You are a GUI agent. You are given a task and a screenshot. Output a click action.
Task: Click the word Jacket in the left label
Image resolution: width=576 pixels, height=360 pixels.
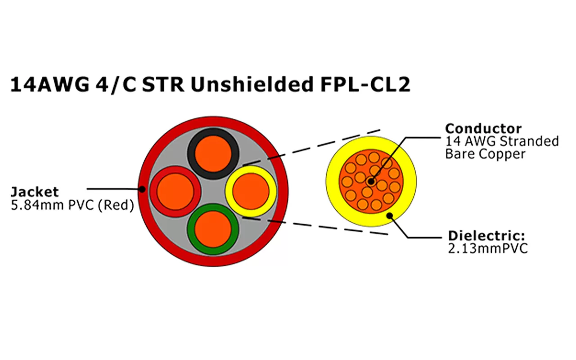(34, 192)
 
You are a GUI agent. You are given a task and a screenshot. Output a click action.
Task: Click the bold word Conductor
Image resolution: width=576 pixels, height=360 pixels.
(483, 128)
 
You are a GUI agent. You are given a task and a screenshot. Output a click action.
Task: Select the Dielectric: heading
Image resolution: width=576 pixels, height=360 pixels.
(487, 236)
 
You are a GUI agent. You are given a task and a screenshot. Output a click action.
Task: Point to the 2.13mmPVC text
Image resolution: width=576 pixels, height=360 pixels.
(488, 249)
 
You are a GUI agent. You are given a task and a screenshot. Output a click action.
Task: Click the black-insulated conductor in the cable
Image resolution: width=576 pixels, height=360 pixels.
(214, 153)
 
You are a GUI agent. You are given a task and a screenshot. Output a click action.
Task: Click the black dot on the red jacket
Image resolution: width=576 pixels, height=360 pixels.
(142, 189)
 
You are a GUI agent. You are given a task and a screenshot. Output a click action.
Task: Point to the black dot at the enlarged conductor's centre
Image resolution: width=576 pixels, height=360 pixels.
(370, 182)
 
